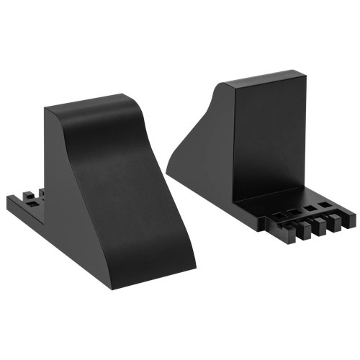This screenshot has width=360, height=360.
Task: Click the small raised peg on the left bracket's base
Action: click(29, 194)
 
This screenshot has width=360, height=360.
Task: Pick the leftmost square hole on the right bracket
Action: click(276, 214)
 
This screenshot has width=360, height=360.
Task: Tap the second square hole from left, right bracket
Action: click(294, 211)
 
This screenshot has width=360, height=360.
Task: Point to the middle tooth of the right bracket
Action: click(315, 226)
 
